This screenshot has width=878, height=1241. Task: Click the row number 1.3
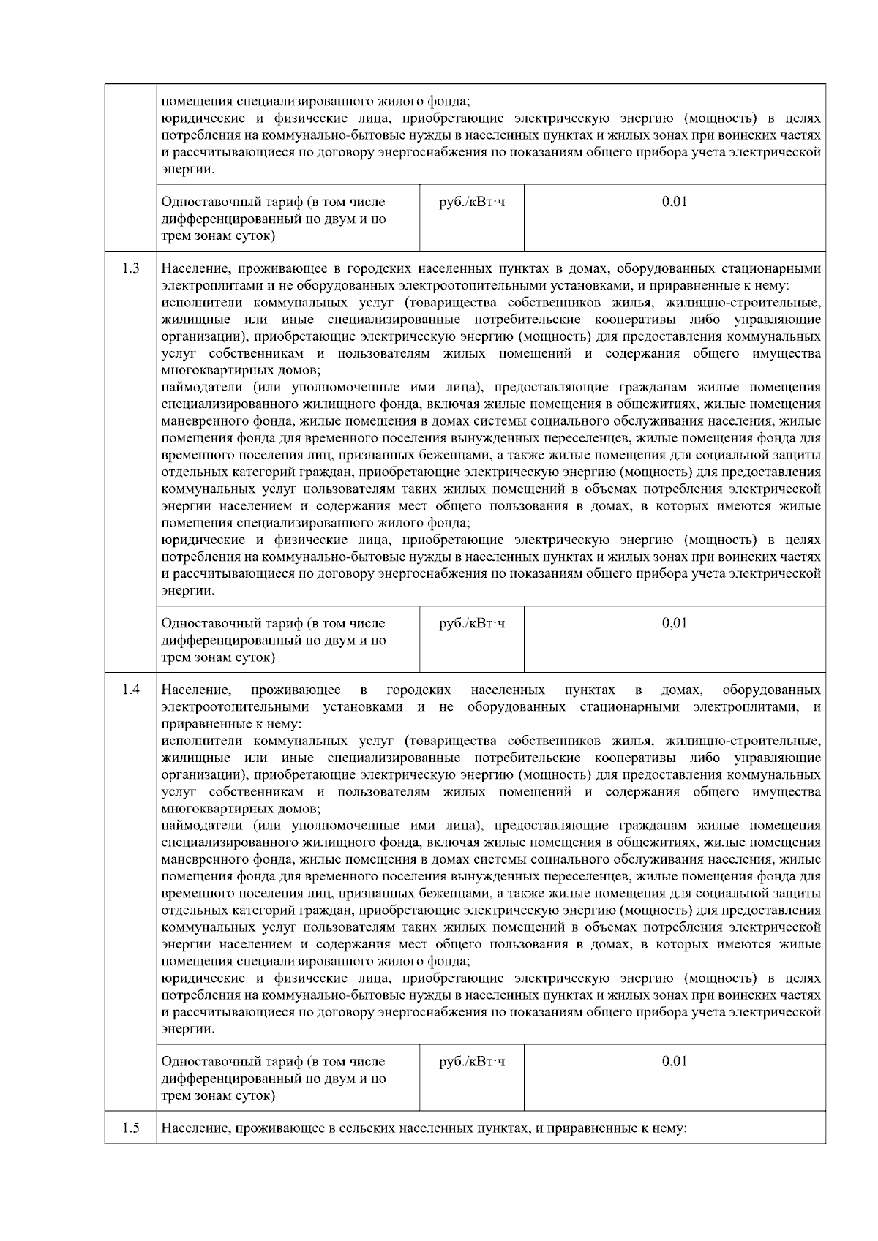coord(131,268)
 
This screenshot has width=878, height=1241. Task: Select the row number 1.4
coord(131,690)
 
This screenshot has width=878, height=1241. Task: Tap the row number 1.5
coord(131,1128)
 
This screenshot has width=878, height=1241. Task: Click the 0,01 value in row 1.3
coord(674,623)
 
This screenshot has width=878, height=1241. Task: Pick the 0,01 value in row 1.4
coord(674,1061)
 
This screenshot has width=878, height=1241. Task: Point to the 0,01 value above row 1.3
coord(674,202)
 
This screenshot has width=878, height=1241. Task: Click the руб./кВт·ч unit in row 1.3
coord(471,623)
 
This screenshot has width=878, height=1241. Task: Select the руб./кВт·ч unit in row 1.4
coord(471,1061)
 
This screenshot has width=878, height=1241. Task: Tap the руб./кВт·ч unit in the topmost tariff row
coord(471,202)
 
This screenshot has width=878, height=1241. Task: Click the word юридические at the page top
coord(200,118)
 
